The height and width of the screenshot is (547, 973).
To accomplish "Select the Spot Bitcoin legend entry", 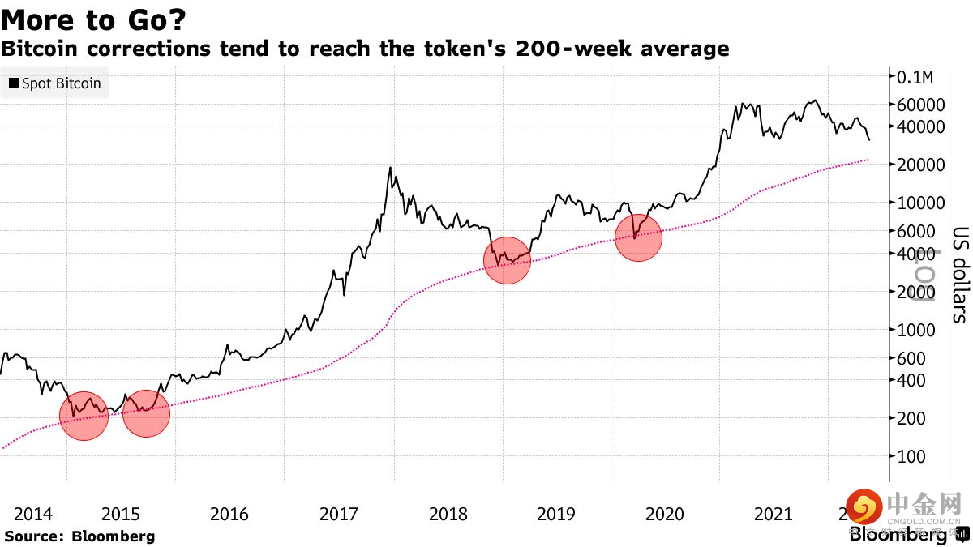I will (x=54, y=83).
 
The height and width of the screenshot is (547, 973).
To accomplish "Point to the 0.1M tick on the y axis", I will (x=915, y=77).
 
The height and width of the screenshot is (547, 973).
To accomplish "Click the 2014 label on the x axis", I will (x=34, y=514).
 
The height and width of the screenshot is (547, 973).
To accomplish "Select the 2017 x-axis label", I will (x=339, y=514).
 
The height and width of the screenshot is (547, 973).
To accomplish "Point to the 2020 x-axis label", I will (x=664, y=514).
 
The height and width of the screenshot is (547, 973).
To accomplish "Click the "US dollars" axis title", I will (x=959, y=274).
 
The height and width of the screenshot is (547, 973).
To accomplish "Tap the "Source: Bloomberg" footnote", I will (x=79, y=536).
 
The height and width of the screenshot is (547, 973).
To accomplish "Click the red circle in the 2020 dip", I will (x=638, y=237).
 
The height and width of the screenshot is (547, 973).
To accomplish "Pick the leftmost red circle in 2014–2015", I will (x=84, y=415).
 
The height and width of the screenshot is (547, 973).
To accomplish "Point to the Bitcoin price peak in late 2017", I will (x=391, y=168).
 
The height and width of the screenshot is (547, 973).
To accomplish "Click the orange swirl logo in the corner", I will (x=864, y=507).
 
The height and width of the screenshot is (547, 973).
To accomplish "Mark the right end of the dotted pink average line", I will (x=868, y=160).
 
